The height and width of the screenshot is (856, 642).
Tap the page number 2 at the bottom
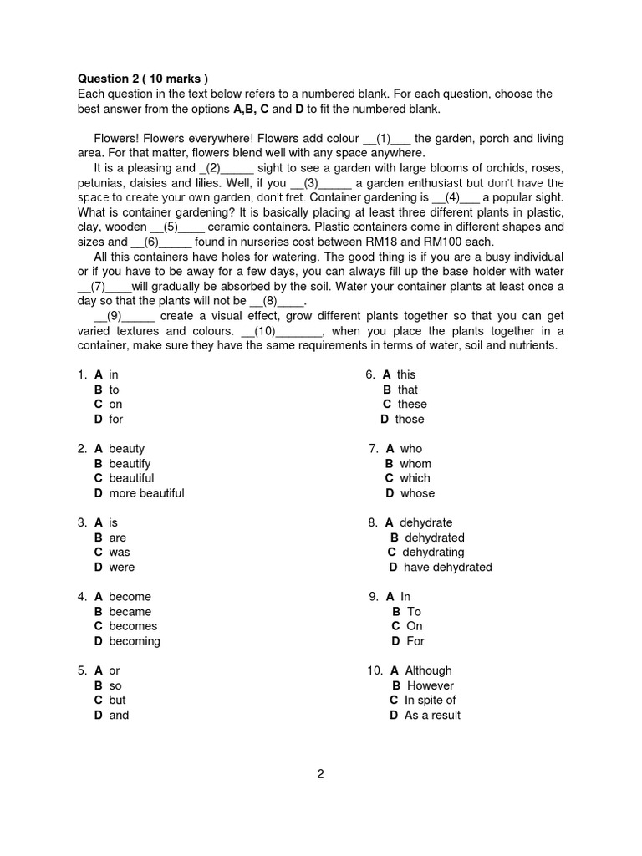click(x=320, y=773)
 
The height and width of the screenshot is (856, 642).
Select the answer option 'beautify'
click(x=130, y=463)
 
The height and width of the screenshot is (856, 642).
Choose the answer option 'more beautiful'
click(x=146, y=493)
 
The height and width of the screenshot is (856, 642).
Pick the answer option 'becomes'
click(x=133, y=626)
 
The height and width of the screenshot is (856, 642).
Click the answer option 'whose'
click(x=417, y=493)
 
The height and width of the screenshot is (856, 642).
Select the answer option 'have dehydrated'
click(x=447, y=567)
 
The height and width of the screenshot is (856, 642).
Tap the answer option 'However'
click(x=430, y=685)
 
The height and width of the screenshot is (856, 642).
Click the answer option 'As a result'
click(x=432, y=715)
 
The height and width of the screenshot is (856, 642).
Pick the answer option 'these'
click(x=412, y=404)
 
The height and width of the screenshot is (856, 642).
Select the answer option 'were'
click(x=121, y=567)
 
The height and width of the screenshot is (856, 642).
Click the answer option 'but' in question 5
click(x=117, y=700)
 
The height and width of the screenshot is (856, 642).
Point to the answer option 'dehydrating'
click(x=433, y=552)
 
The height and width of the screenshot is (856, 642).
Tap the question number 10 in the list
click(x=374, y=670)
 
